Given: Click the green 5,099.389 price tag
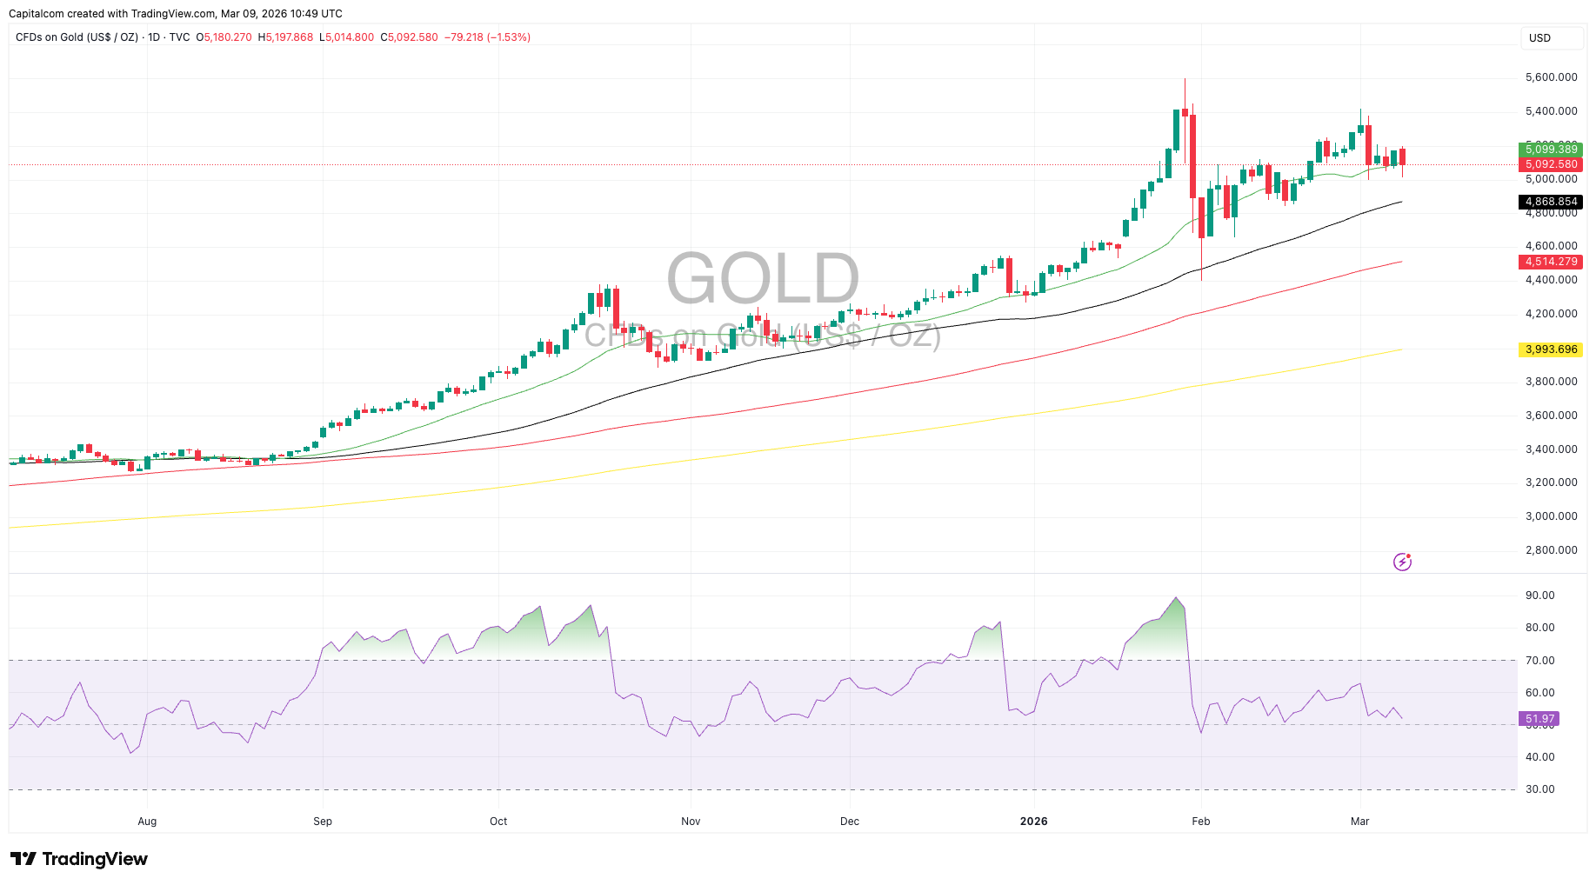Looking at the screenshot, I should [1551, 150].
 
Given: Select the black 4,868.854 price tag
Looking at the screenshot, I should [1551, 202].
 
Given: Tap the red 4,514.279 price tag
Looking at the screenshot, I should [1551, 262].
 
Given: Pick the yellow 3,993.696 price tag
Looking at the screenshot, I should [1551, 349].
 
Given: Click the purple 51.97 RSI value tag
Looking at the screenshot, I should [1539, 719].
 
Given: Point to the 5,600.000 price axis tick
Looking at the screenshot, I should [1551, 77].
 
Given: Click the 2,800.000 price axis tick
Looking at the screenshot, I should [1551, 550].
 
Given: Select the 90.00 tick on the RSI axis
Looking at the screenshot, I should [1539, 596].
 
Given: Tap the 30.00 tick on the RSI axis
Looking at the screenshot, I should [1539, 789].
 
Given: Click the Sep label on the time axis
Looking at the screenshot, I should [323, 822].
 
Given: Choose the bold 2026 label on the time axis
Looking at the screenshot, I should [1034, 822].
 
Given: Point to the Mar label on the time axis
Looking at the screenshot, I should [1359, 822].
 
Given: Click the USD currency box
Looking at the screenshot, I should [1551, 38].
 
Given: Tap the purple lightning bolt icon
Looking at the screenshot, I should [1402, 562].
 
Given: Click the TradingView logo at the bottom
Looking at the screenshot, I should [79, 859].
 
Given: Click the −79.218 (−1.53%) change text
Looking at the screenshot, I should [487, 37].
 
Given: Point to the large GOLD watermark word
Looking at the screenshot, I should [763, 278].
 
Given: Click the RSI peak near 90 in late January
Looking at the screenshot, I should [1177, 598].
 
